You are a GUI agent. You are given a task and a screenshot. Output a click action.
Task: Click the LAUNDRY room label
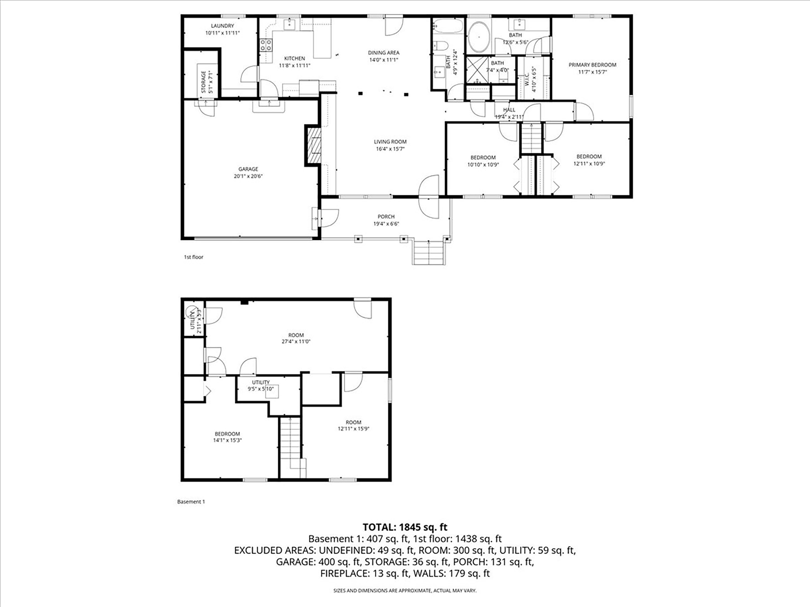pyautogui.click(x=222, y=26)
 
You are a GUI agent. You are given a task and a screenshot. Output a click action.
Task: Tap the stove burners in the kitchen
pyautogui.click(x=266, y=45)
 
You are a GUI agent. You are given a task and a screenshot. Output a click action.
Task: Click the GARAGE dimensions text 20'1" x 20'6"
pyautogui.click(x=248, y=176)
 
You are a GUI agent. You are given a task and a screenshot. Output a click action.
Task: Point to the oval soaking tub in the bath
pyautogui.click(x=479, y=37)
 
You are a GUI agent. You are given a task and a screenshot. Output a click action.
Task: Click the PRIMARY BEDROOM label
pyautogui.click(x=592, y=65)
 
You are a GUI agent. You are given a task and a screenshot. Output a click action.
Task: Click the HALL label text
pyautogui.click(x=509, y=110)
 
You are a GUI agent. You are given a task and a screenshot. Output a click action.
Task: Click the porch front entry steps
pyautogui.click(x=429, y=252)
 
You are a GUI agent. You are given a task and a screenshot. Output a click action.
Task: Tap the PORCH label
pyautogui.click(x=386, y=217)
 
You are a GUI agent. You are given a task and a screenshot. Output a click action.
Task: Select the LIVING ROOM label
pyautogui.click(x=390, y=142)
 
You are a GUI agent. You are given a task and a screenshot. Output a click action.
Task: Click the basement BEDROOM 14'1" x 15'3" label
pyautogui.click(x=227, y=437)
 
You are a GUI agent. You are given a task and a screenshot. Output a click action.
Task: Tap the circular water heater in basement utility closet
pyautogui.click(x=190, y=312)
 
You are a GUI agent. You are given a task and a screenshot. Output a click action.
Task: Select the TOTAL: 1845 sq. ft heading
pyautogui.click(x=405, y=527)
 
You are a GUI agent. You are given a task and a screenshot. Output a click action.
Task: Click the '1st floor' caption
pyautogui.click(x=193, y=257)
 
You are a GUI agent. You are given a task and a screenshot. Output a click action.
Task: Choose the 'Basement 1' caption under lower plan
pyautogui.click(x=191, y=502)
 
